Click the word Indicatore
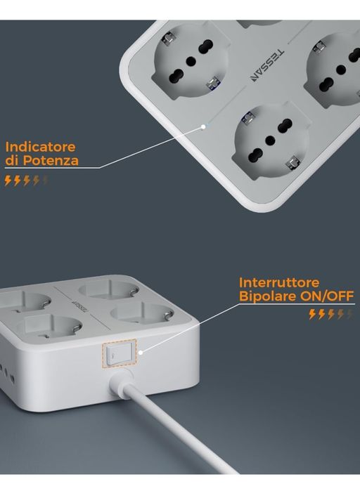(x=40, y=147)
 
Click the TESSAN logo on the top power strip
(x=268, y=65)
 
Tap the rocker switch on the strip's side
(x=119, y=353)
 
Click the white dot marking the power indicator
(x=204, y=127)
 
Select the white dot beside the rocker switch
(x=141, y=353)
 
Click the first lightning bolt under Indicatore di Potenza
(x=8, y=181)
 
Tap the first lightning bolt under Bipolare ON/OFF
(x=312, y=314)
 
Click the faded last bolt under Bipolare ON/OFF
(x=349, y=314)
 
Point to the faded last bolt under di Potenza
(x=46, y=181)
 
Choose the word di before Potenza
(x=11, y=161)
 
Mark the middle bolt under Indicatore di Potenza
(x=27, y=181)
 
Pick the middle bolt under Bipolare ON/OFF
(x=331, y=314)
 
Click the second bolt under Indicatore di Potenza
(x=18, y=181)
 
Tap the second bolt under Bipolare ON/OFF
(x=321, y=314)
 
